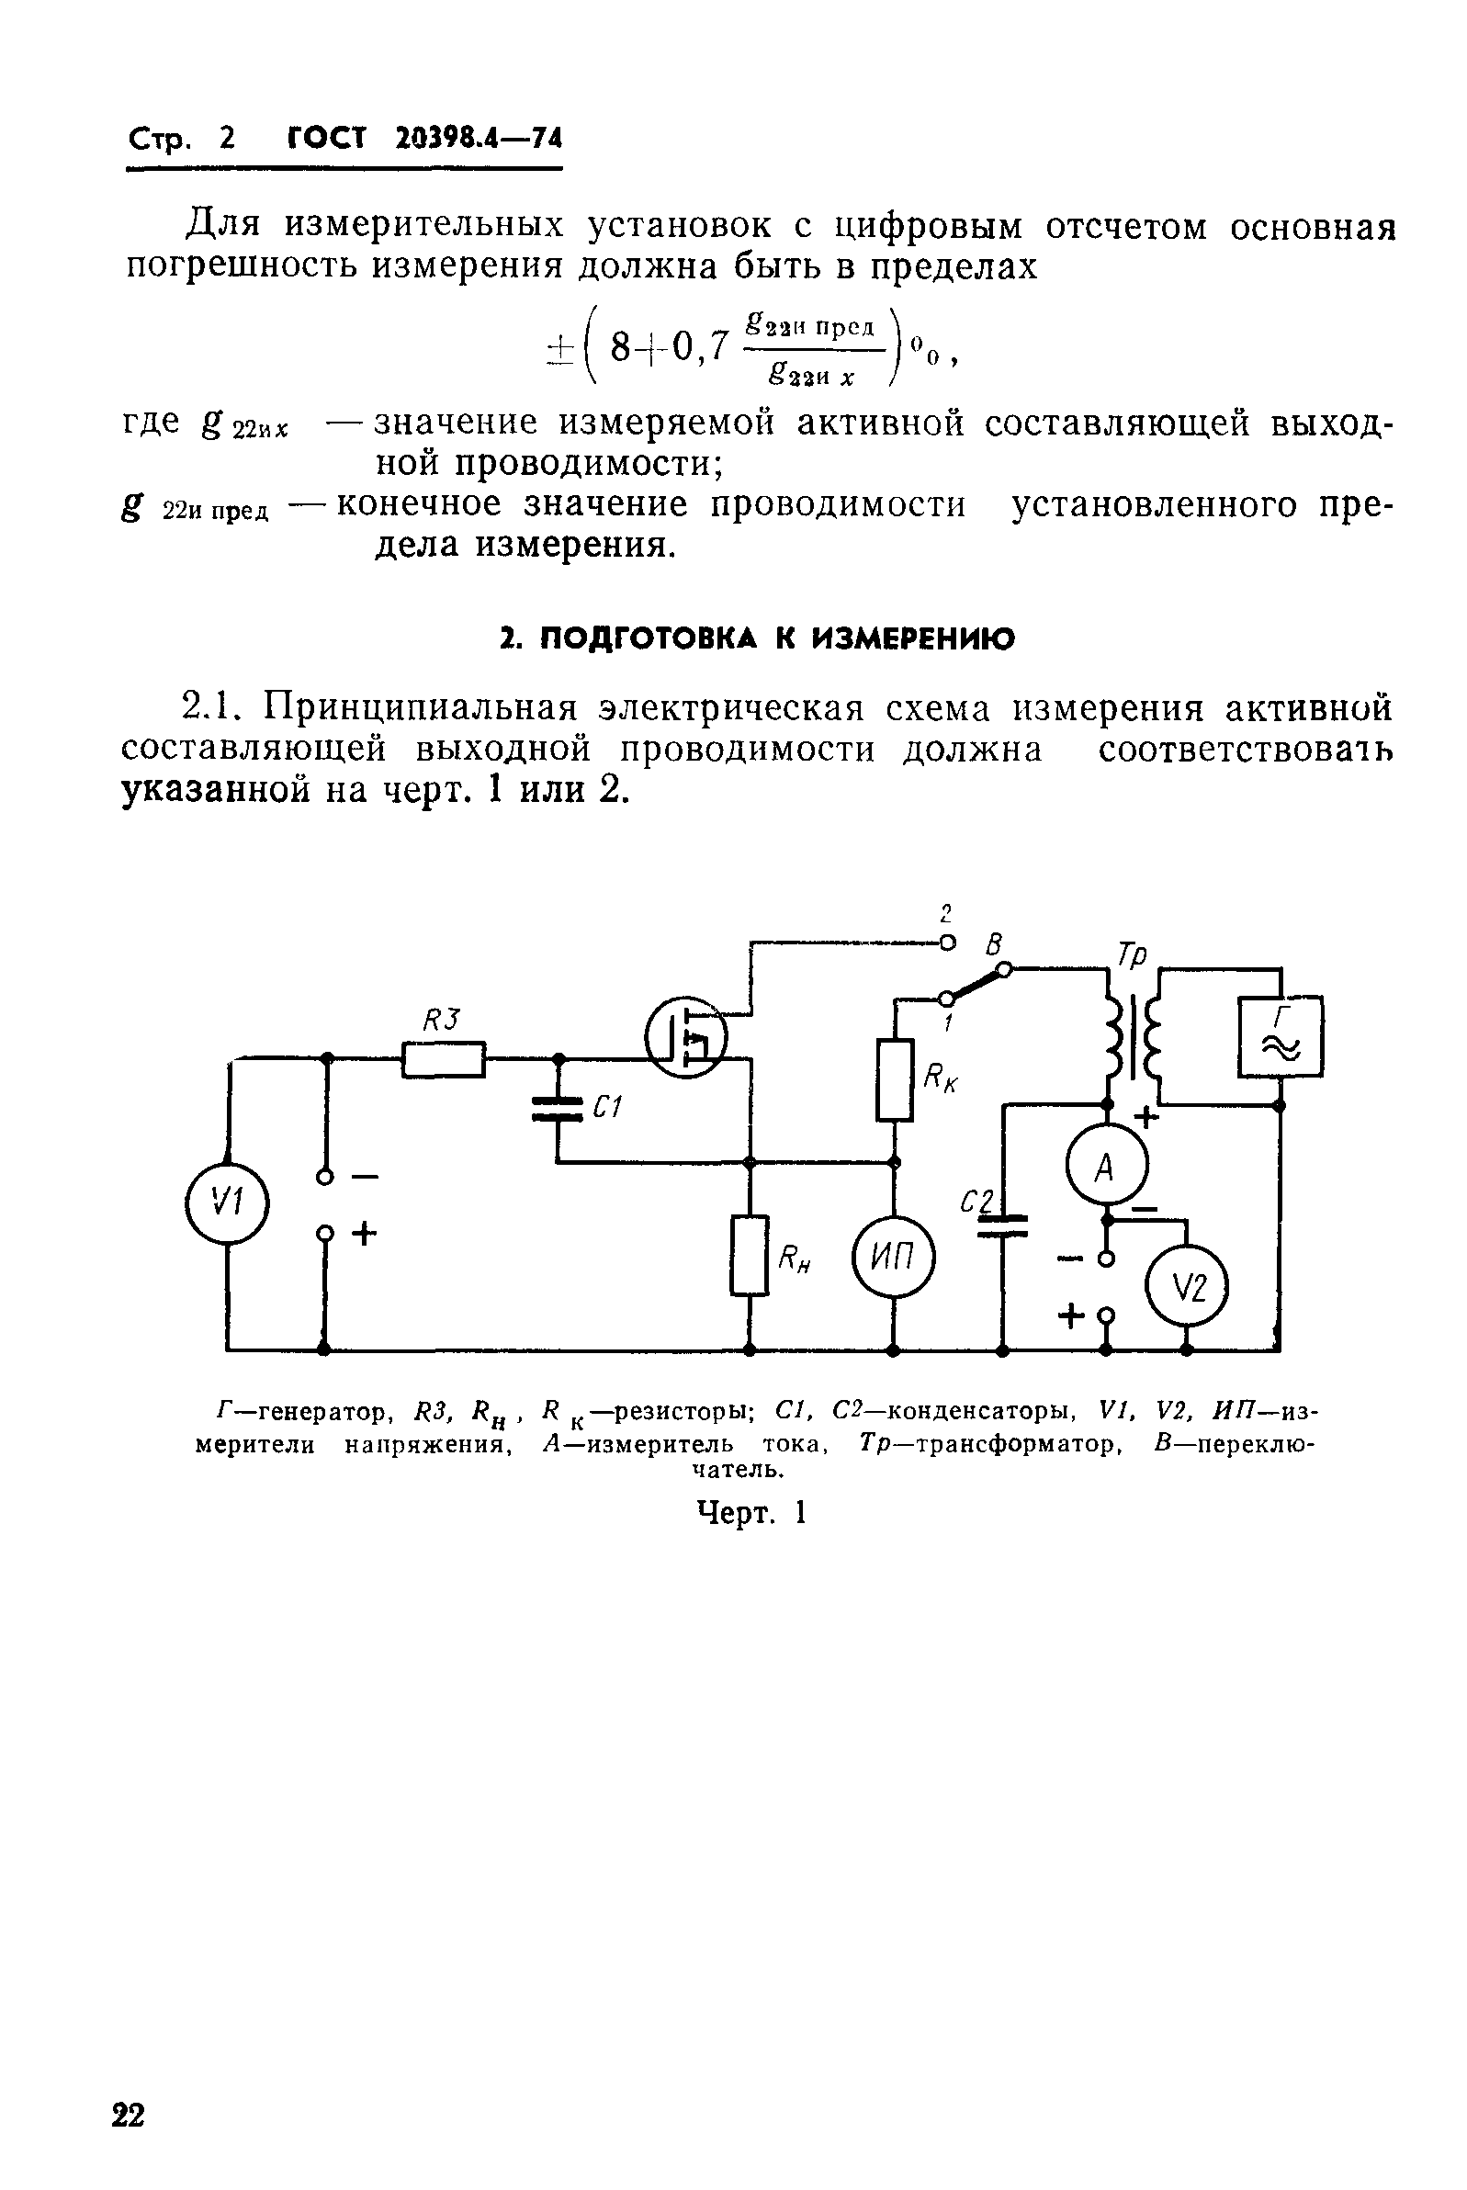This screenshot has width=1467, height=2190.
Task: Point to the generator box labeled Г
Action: coord(1280,1037)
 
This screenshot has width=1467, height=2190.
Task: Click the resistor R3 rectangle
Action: coord(444,1059)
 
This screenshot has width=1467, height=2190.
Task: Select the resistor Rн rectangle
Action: coord(749,1254)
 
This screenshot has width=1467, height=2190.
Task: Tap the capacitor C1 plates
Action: coord(558,1111)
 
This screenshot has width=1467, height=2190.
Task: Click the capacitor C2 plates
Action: coord(1002,1225)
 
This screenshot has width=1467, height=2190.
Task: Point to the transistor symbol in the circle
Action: coord(686,1036)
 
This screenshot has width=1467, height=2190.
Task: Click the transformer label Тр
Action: coord(1131,954)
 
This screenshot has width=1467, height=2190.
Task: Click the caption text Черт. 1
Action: coord(751,1513)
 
